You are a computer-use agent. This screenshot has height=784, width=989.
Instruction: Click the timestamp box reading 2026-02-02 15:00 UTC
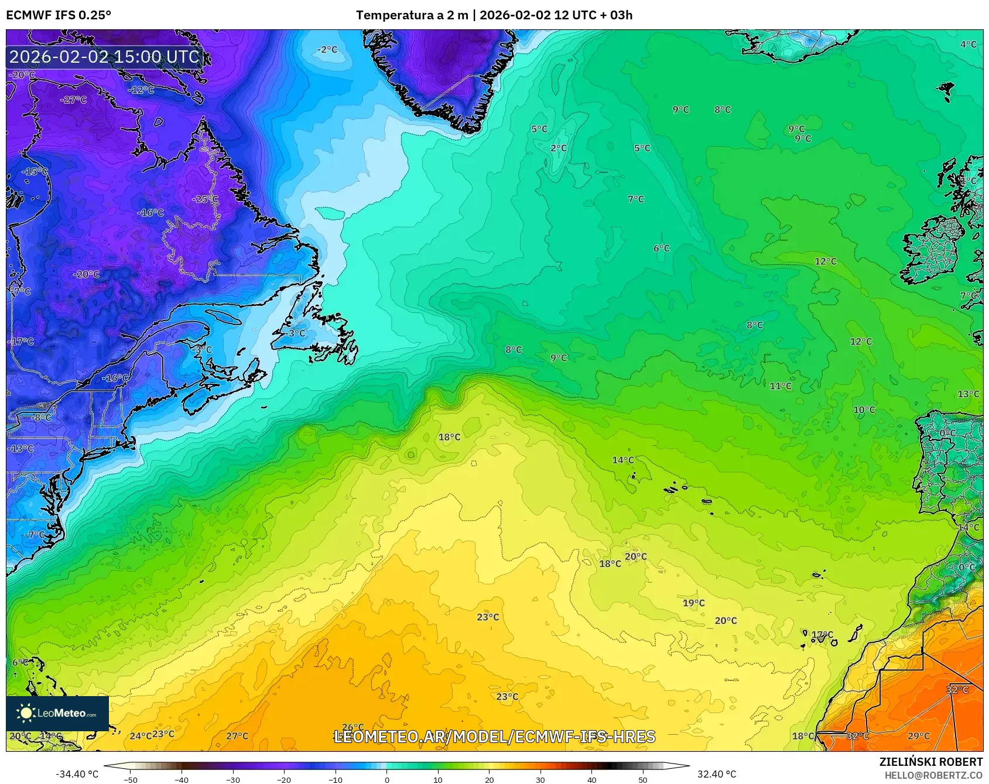(x=104, y=57)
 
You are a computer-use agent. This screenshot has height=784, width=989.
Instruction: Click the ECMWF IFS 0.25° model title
(x=59, y=15)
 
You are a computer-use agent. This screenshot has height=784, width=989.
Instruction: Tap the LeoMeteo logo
(x=57, y=713)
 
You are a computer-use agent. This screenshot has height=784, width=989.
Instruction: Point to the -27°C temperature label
(x=73, y=100)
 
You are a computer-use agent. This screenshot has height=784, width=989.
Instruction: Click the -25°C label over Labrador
(x=205, y=199)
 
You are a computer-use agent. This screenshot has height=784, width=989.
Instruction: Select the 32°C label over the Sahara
(x=957, y=690)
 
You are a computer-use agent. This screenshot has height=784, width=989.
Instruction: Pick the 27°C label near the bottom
(x=237, y=736)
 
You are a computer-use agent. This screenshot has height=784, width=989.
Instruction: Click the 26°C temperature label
(x=353, y=727)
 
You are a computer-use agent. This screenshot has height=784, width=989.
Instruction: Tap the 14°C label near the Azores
(x=623, y=460)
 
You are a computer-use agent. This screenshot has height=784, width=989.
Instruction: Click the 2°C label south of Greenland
(x=559, y=148)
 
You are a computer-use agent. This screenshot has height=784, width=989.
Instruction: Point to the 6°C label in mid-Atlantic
(x=662, y=248)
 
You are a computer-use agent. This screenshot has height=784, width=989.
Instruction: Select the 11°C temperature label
(x=781, y=386)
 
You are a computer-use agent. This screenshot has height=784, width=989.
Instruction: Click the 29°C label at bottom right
(x=919, y=736)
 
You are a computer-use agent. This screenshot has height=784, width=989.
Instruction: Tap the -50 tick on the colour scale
(x=131, y=779)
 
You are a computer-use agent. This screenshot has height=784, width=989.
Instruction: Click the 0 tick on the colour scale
(x=386, y=779)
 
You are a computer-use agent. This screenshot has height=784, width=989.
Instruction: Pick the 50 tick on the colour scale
(x=643, y=779)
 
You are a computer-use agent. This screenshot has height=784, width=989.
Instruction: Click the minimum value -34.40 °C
(x=77, y=774)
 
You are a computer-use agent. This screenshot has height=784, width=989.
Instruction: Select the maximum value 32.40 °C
(x=717, y=774)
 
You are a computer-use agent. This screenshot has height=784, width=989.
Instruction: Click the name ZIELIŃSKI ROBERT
(x=931, y=762)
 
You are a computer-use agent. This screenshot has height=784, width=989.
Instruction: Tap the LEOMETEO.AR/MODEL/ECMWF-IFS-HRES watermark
(x=495, y=737)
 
